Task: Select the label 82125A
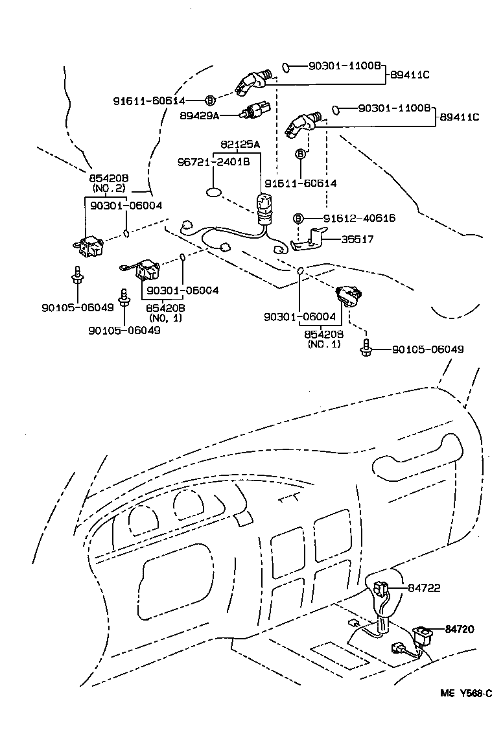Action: tap(240, 144)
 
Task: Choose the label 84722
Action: tap(424, 587)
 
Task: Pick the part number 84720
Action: tap(460, 628)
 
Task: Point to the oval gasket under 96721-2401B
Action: tap(215, 192)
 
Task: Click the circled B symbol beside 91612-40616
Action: tap(299, 219)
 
